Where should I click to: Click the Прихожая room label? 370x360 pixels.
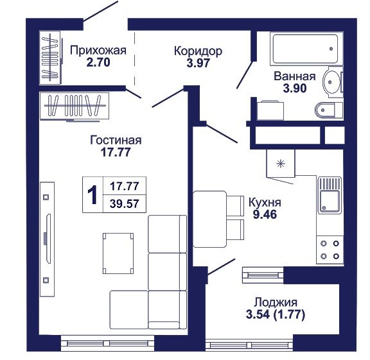(98, 51)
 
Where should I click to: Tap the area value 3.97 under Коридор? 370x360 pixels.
(198, 63)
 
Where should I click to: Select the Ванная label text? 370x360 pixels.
(295, 76)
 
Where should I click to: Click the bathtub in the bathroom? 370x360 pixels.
(306, 49)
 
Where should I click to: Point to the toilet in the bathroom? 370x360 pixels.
(329, 110)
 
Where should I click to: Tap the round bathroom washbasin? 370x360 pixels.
(331, 81)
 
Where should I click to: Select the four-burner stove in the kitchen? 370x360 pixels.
(330, 250)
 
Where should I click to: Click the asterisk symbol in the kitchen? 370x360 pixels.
(281, 164)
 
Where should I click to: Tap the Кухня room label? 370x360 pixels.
(265, 203)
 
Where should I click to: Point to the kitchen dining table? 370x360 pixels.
(210, 219)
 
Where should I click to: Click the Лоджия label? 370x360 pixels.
(276, 302)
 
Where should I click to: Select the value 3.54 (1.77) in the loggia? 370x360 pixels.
(276, 314)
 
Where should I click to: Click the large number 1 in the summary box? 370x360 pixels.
(92, 194)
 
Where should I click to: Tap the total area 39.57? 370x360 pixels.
(125, 203)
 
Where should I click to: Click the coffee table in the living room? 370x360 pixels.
(118, 253)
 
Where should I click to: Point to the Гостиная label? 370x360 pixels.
(116, 141)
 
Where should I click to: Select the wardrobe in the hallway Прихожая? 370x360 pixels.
(50, 57)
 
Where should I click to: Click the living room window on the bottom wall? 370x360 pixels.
(107, 343)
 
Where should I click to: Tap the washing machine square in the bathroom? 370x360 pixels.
(270, 110)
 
